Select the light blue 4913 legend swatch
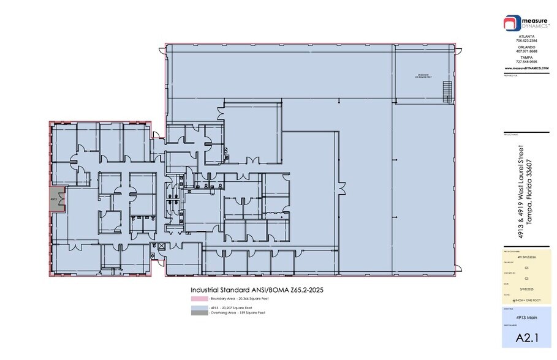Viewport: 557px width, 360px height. [199, 307]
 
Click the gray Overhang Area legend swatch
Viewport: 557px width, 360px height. [199, 312]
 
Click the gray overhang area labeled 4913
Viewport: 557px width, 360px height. [56, 203]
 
